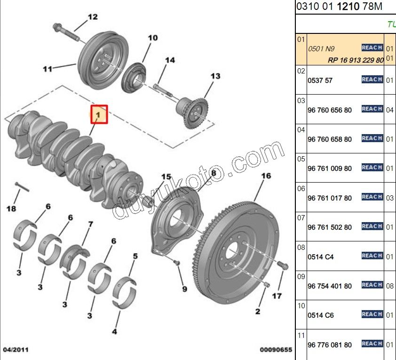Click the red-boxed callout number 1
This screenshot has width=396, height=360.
pyautogui.click(x=99, y=114)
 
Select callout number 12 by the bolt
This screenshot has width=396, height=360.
pyautogui.click(x=92, y=17)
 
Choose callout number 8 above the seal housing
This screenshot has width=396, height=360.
pyautogui.click(x=214, y=173)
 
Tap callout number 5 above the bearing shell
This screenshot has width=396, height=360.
pyautogui.click(x=135, y=256)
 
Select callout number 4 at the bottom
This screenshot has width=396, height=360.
pyautogui.click(x=114, y=331)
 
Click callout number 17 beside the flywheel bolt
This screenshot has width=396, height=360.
pyautogui.click(x=277, y=296)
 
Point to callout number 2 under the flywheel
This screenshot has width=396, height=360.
pyautogui.click(x=258, y=311)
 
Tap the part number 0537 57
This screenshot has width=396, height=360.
pyautogui.click(x=320, y=80)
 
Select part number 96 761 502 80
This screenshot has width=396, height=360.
pyautogui.click(x=329, y=227)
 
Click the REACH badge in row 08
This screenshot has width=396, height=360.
pyautogui.click(x=372, y=256)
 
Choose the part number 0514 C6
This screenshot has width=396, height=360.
pyautogui.click(x=320, y=315)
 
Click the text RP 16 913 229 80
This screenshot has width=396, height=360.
pyautogui.click(x=356, y=60)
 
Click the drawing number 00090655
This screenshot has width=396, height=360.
pyautogui.click(x=276, y=350)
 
